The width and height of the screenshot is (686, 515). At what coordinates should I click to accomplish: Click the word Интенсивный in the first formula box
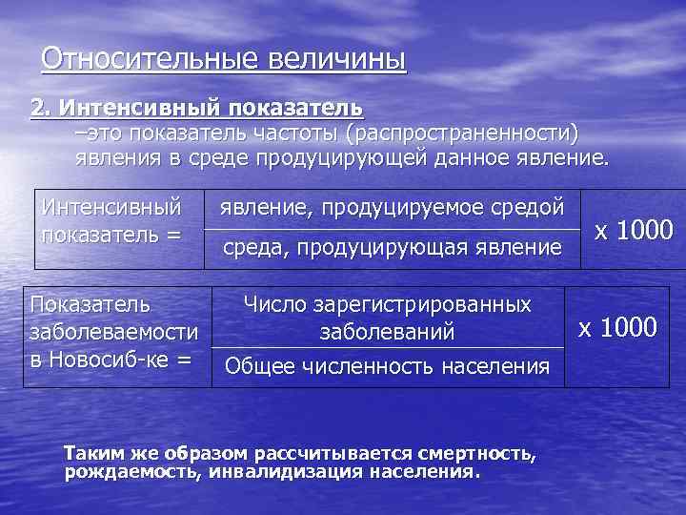click(108, 205)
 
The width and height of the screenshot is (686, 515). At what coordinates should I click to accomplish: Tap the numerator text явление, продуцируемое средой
click(393, 205)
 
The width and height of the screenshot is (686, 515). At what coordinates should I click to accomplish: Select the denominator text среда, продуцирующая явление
click(393, 248)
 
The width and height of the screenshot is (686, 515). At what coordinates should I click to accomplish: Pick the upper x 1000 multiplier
click(633, 230)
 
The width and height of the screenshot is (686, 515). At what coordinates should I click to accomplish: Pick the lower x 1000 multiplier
click(618, 328)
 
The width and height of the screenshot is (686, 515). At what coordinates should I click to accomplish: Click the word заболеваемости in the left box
click(113, 333)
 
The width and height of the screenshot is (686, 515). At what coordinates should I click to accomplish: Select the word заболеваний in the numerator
click(387, 333)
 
